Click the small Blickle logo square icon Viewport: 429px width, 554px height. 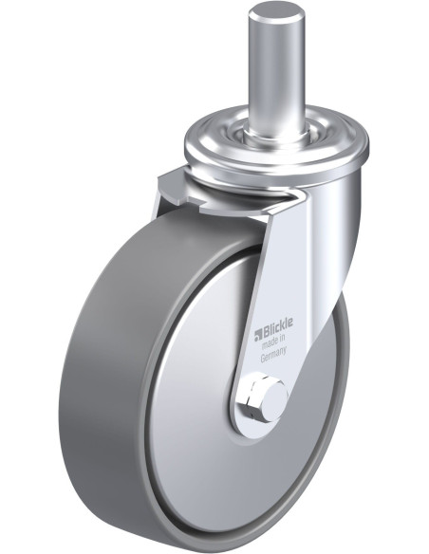258,332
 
